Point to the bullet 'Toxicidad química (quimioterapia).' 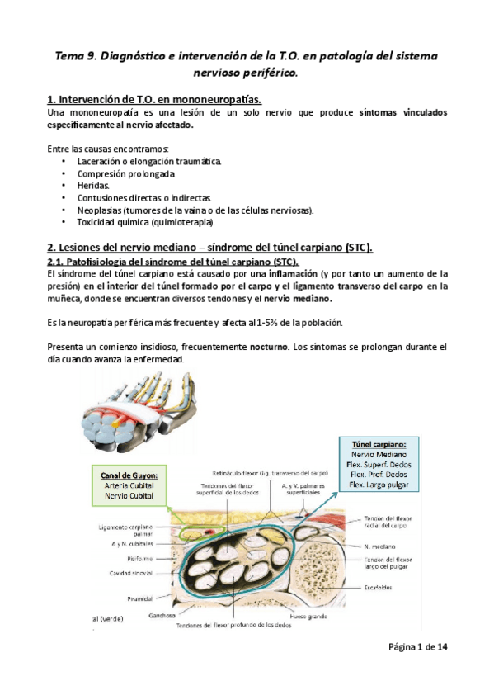point(146,223)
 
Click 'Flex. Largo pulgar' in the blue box point(385,485)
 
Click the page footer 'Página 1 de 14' point(418,647)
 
